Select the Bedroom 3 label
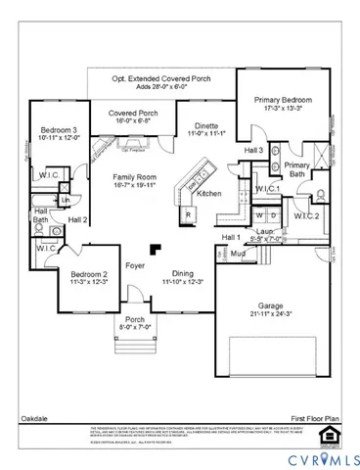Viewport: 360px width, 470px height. pyautogui.click(x=59, y=130)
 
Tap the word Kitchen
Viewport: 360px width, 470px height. pyautogui.click(x=209, y=194)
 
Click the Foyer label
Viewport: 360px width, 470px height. pyautogui.click(x=135, y=266)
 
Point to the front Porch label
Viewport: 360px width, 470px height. pyautogui.click(x=135, y=320)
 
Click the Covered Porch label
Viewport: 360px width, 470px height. pyautogui.click(x=133, y=113)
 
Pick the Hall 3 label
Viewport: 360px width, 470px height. pyautogui.click(x=254, y=150)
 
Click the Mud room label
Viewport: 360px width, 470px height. pyautogui.click(x=237, y=253)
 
